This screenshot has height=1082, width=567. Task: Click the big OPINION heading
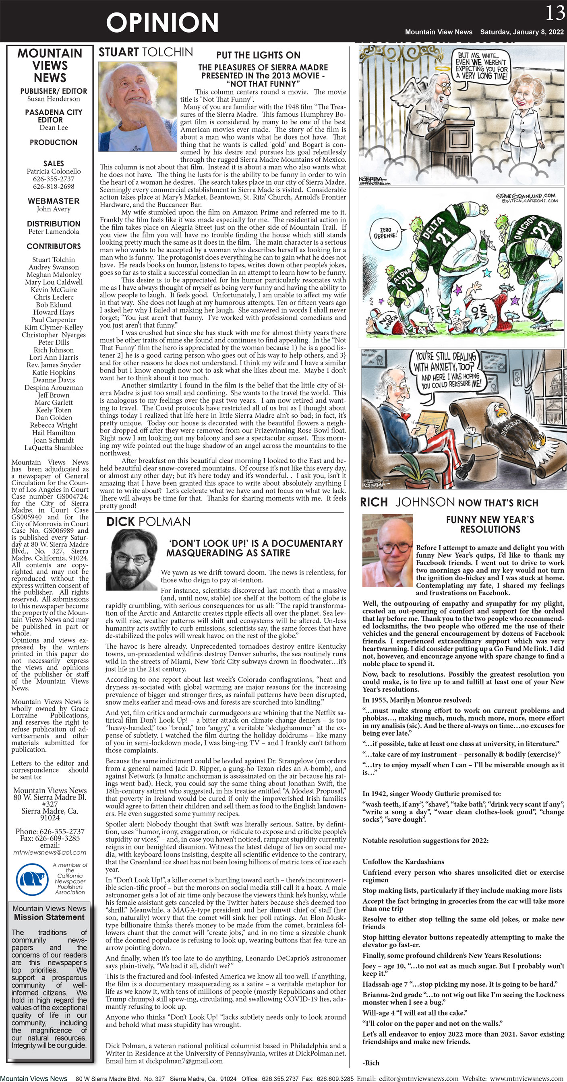pyautogui.click(x=162, y=23)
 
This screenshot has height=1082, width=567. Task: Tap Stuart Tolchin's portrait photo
pyautogui.click(x=137, y=107)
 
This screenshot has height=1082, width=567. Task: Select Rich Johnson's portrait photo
pyautogui.click(x=387, y=550)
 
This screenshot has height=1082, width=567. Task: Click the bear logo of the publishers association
pyautogui.click(x=32, y=879)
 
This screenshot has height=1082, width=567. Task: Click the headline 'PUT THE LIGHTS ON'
pyautogui.click(x=258, y=55)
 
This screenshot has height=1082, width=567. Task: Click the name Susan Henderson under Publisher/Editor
pyautogui.click(x=54, y=99)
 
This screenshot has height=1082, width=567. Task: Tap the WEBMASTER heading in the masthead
pyautogui.click(x=54, y=201)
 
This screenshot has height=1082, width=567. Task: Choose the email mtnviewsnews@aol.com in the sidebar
pyautogui.click(x=50, y=853)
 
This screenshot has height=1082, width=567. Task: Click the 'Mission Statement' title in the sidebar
pyautogui.click(x=49, y=917)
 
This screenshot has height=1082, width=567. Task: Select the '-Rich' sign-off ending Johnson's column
pyautogui.click(x=371, y=1063)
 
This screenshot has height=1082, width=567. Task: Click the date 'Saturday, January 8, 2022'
pyautogui.click(x=521, y=32)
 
